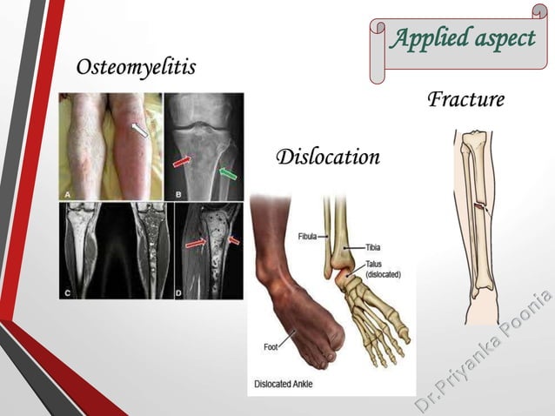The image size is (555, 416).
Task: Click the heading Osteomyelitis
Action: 136,67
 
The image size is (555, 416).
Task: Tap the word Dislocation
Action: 328,158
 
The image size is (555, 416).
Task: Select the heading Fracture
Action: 465,99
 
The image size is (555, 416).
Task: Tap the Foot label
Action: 271,347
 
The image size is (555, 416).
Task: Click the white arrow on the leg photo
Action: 139,130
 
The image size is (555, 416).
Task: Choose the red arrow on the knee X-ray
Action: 184,162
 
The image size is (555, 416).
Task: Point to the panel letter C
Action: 67,293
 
